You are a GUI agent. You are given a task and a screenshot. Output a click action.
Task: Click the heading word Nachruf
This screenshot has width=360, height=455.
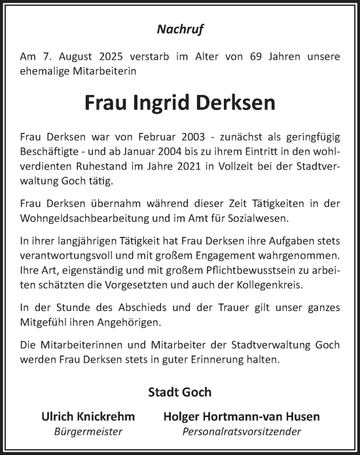(179, 28)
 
